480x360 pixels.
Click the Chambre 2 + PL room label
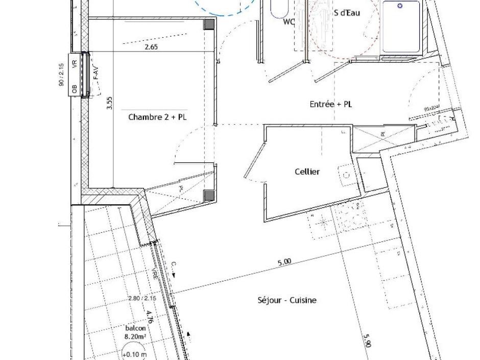[157, 117]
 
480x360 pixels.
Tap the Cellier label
[307, 172]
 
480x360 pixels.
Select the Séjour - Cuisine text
[286, 300]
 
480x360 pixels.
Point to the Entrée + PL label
[331, 104]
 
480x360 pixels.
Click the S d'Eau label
[347, 13]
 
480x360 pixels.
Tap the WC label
[290, 22]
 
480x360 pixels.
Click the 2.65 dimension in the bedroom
[151, 47]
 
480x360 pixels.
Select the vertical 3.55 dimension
[109, 104]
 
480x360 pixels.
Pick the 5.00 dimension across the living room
[284, 262]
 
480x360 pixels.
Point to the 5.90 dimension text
[367, 341]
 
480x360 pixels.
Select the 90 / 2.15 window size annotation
[61, 75]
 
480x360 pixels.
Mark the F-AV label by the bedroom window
[95, 74]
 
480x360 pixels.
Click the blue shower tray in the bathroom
[401, 27]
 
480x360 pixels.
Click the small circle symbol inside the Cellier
[346, 175]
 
